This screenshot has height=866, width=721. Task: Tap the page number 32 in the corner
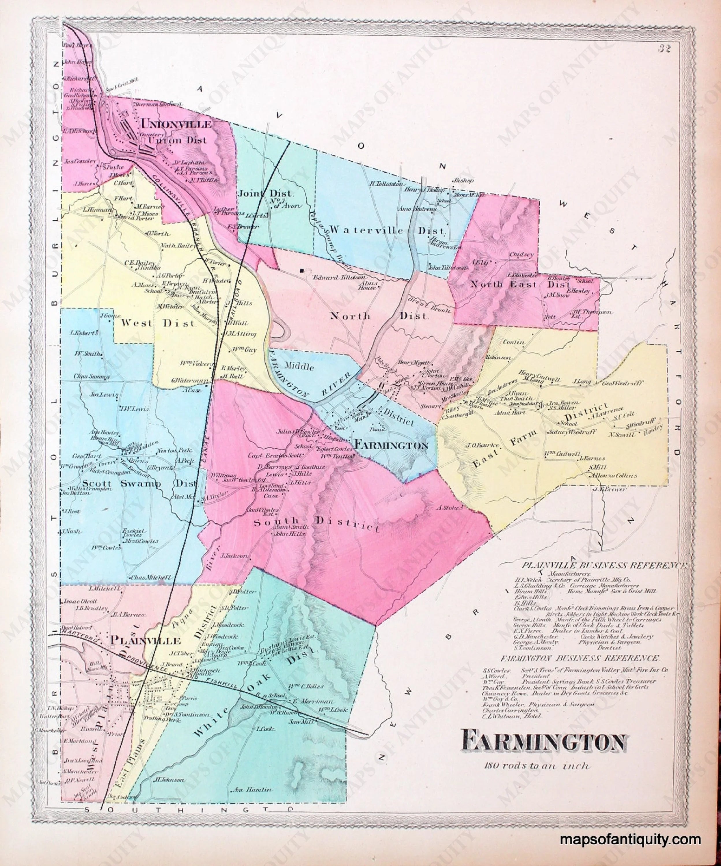click(x=664, y=49)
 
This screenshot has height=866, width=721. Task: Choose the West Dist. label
click(x=157, y=323)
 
